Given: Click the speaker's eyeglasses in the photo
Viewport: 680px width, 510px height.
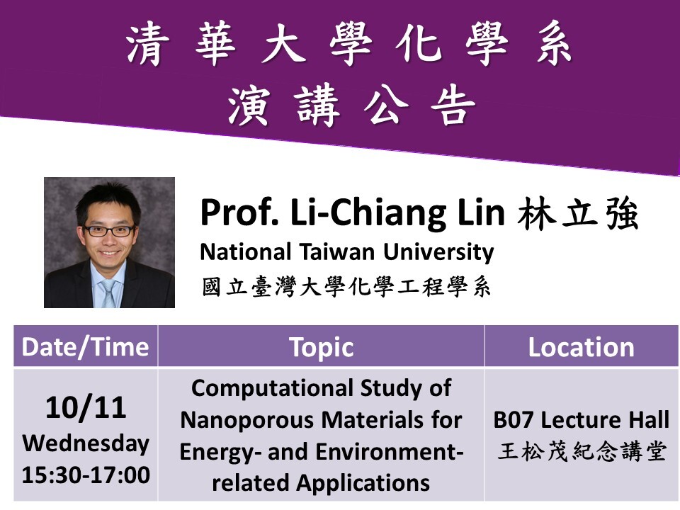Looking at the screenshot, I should coord(109,230).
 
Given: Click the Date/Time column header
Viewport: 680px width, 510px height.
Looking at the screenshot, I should coord(85,347).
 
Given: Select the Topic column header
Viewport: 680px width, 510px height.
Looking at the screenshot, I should coord(321,347).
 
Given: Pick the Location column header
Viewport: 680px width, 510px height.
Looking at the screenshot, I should coord(581,347).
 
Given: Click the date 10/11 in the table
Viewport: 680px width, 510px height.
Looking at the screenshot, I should coord(86,407).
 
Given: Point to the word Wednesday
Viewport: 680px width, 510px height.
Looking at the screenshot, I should coord(86,443).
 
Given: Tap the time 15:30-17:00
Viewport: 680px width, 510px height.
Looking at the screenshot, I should coord(86,475).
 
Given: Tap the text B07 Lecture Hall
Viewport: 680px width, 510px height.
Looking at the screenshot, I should coord(581,420).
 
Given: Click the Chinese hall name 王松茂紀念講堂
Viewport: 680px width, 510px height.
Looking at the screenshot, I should coord(581,452).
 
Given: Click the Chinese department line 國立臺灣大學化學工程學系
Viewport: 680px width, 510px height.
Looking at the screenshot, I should coord(346,288).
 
